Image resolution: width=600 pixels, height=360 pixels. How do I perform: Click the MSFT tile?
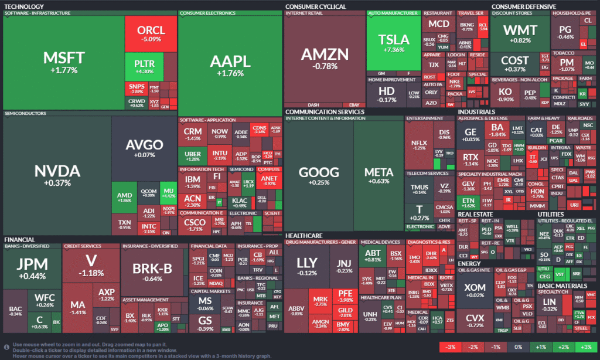click(x=64, y=62)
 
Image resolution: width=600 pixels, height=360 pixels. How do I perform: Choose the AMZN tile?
click(x=324, y=58)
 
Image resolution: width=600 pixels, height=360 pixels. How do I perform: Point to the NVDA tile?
click(x=56, y=174)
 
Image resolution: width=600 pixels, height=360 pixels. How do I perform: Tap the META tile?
click(x=379, y=175)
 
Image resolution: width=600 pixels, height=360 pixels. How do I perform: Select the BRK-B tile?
click(x=154, y=270)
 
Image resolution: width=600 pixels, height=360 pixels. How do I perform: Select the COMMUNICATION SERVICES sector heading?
click(x=325, y=111)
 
